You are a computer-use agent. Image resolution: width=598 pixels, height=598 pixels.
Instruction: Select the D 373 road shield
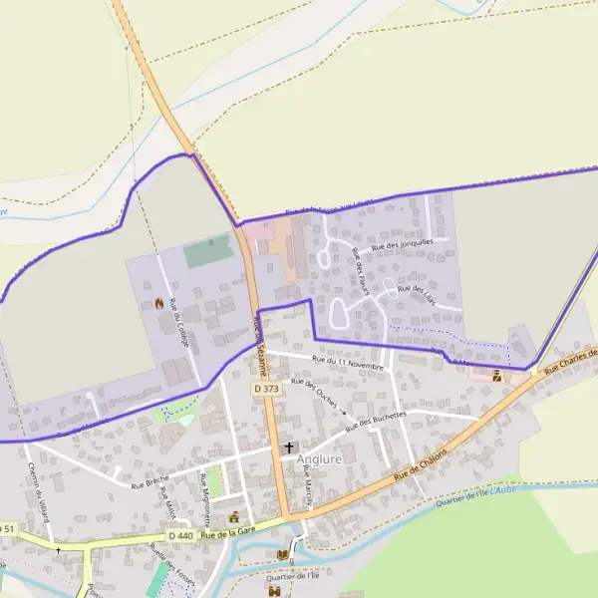(x=266, y=389)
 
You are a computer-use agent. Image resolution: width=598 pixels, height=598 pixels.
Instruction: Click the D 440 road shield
(x=180, y=536)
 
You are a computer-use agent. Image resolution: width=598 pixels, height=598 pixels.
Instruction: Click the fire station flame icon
(x=159, y=302)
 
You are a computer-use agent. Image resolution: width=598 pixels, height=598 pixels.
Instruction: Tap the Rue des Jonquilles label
(x=402, y=242)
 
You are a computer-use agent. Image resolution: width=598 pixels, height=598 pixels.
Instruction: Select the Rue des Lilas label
(x=417, y=295)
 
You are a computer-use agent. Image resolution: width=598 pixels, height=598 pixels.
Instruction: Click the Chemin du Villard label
(x=37, y=487)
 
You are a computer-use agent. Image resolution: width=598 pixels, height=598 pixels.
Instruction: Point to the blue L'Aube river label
(x=503, y=489)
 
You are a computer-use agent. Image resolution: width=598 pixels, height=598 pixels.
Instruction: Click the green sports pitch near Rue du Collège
(x=208, y=250)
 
